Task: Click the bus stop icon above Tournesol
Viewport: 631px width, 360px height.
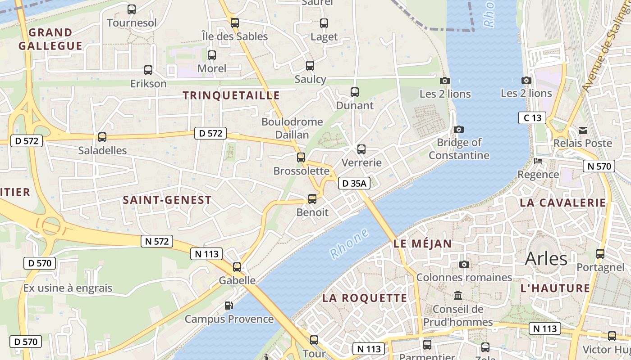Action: (132, 9)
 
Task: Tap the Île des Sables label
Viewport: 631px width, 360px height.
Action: (234, 36)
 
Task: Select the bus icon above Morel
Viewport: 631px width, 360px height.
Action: (212, 55)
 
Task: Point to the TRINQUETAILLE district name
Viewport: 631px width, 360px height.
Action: (231, 95)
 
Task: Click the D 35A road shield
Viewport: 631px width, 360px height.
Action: (354, 183)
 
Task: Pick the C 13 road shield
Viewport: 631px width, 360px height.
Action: (532, 118)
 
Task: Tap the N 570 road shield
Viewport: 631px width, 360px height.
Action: (599, 166)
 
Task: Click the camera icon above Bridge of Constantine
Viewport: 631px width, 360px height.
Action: (459, 129)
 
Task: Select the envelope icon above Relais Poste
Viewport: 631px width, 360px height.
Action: (583, 130)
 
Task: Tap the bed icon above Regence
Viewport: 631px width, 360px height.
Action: (538, 161)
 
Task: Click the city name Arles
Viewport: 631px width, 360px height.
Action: (546, 259)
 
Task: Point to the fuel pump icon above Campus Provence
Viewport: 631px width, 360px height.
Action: (229, 306)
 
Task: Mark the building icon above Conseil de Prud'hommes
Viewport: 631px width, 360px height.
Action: (458, 296)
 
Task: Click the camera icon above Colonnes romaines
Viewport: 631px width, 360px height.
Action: (464, 264)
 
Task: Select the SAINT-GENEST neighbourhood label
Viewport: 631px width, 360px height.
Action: (167, 200)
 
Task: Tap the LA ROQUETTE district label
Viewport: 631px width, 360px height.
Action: (365, 298)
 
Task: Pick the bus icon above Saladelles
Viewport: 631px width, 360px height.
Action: (102, 137)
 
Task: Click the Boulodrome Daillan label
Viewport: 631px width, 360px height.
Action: (292, 128)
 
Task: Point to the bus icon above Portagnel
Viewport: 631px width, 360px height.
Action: (600, 254)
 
